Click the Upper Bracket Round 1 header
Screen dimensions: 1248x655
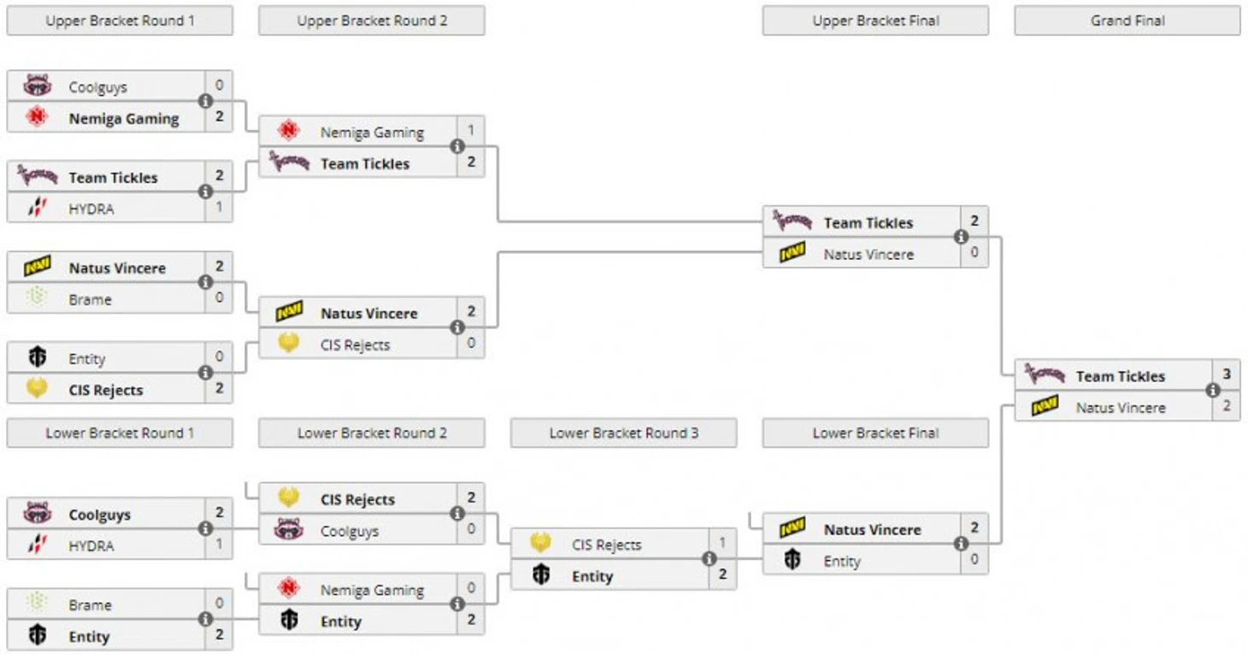point(120,21)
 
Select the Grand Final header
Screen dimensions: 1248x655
point(1127,21)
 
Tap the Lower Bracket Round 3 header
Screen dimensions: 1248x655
point(624,434)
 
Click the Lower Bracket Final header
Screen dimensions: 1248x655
point(876,434)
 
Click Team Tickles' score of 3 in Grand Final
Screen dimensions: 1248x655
point(1227,374)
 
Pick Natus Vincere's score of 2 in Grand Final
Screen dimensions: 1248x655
point(1227,406)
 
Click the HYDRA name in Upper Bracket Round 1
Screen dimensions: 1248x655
point(91,209)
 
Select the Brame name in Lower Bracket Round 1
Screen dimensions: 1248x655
point(91,605)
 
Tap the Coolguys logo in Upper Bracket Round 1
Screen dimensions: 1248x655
point(38,86)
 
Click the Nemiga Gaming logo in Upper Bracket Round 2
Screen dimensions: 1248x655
point(289,131)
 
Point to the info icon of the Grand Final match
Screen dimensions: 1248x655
point(1213,390)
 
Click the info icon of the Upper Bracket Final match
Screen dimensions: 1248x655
point(961,237)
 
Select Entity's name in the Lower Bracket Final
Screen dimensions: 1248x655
point(842,561)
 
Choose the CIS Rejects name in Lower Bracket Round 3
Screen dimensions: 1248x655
point(607,545)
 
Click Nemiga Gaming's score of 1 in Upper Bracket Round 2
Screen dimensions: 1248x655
point(471,131)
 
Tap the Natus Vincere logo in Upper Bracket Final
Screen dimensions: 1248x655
point(792,252)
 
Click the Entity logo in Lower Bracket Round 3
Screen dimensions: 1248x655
point(541,574)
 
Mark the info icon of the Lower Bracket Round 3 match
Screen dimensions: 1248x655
point(709,558)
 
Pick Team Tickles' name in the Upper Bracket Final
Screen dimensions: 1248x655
point(868,223)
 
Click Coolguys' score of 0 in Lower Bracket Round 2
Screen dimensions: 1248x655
point(471,528)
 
